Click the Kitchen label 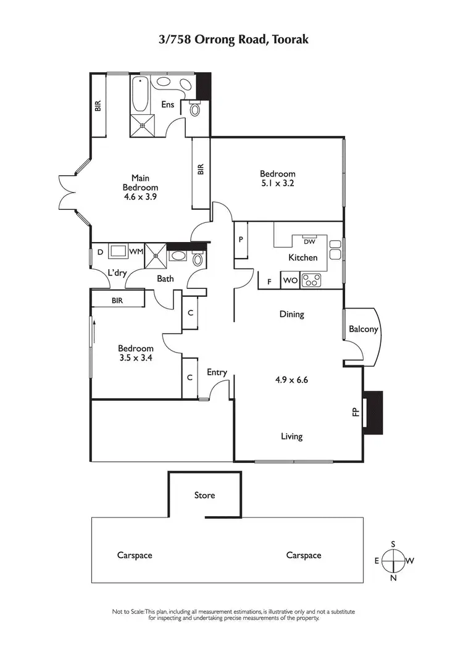coord(303,257)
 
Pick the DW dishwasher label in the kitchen coord(309,241)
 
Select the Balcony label coord(363,329)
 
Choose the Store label coord(204,495)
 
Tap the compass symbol coord(393,561)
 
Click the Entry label coord(217,372)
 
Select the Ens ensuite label coord(167,105)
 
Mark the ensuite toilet coord(196,109)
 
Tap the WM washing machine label coord(136,251)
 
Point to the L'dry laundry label coord(116,272)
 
